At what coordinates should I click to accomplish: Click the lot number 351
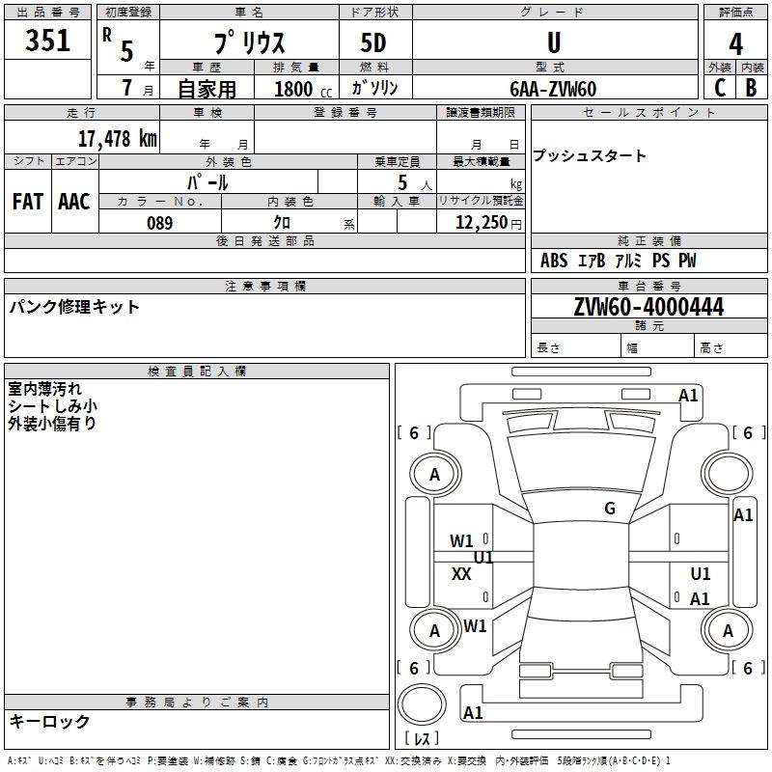[x=47, y=40]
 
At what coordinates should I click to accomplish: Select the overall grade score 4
[x=735, y=44]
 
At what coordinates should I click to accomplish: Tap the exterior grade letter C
[x=719, y=88]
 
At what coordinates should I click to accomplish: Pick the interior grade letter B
[x=751, y=88]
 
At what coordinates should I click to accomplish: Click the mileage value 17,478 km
[x=117, y=138]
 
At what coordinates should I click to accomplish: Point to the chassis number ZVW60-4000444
[x=648, y=307]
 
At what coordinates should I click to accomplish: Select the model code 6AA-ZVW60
[x=553, y=89]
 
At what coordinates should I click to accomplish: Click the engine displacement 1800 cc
[x=303, y=89]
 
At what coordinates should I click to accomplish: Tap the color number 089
[x=160, y=223]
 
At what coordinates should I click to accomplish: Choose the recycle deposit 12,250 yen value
[x=488, y=223]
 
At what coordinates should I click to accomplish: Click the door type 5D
[x=373, y=42]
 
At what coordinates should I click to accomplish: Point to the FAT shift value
[x=28, y=202]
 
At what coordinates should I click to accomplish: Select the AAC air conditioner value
[x=74, y=202]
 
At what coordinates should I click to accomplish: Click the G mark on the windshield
[x=610, y=508]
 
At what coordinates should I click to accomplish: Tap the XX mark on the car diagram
[x=461, y=573]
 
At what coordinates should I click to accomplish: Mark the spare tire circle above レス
[x=422, y=704]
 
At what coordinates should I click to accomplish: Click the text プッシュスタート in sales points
[x=589, y=155]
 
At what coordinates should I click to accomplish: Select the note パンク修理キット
[x=74, y=307]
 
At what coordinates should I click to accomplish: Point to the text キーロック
[x=49, y=721]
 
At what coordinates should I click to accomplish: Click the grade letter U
[x=554, y=42]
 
